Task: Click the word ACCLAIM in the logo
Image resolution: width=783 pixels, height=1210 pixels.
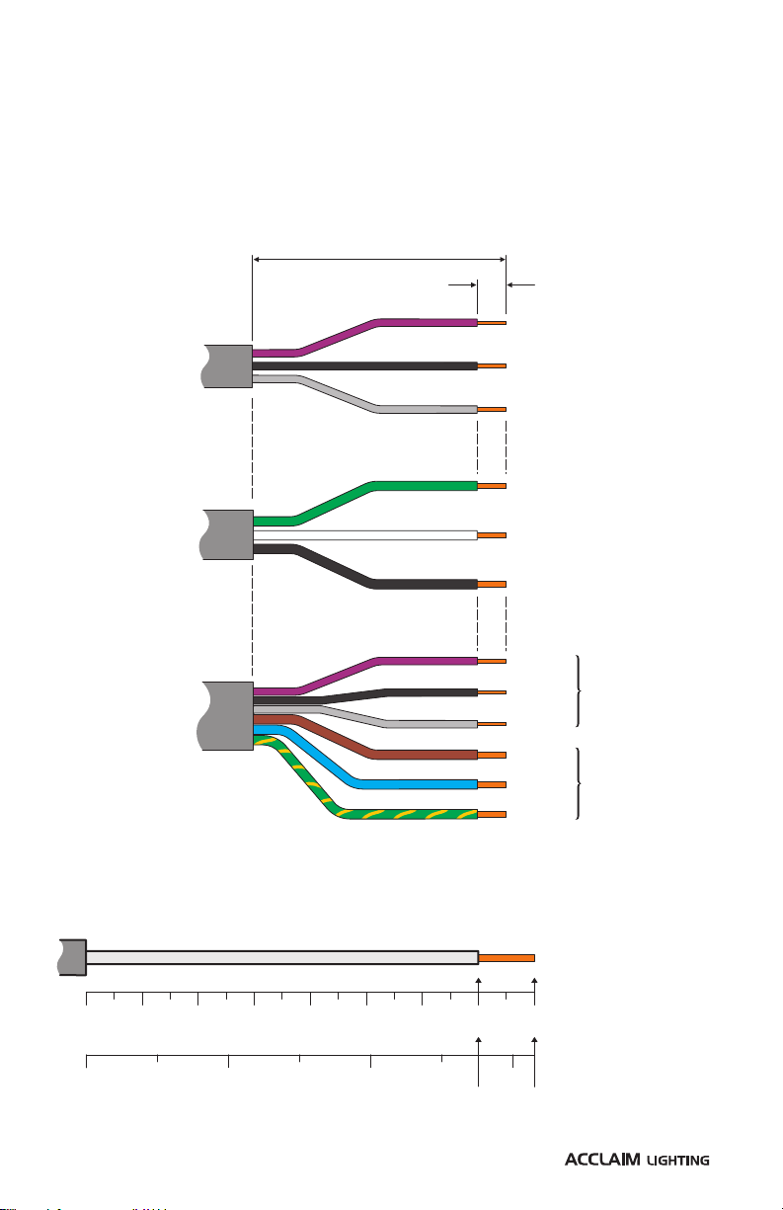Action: (x=602, y=1160)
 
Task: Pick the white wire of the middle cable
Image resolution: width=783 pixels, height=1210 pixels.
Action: (x=365, y=535)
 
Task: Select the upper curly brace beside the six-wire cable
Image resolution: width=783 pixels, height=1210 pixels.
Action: (x=579, y=690)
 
